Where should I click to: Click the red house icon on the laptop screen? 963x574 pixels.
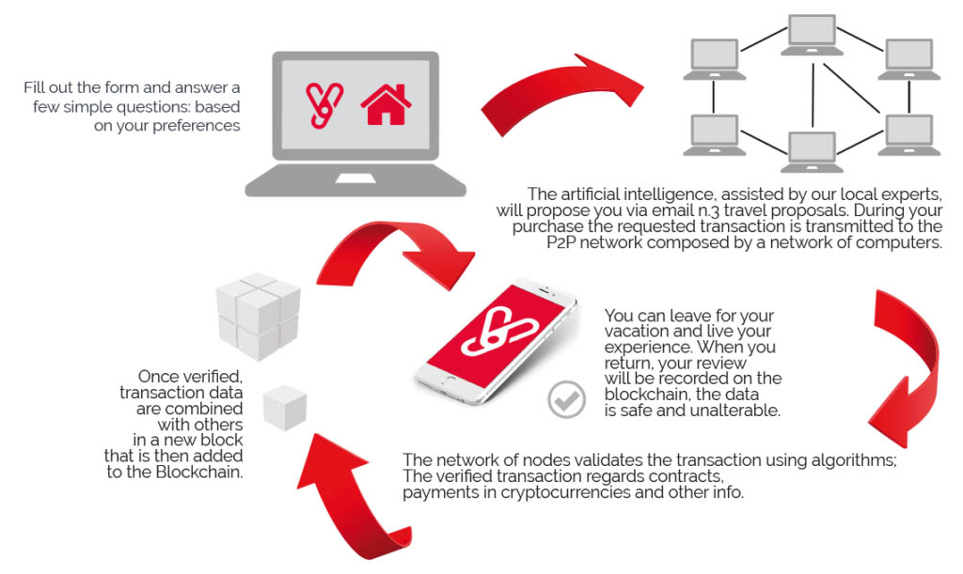coord(386,105)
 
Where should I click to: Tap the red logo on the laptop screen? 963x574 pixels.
coord(324,105)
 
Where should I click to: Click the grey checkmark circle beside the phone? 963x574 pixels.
coord(566,399)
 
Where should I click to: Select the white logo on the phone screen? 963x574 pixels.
coord(498,332)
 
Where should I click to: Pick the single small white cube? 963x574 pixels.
coord(285,408)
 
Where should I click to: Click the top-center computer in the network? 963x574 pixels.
coord(812,35)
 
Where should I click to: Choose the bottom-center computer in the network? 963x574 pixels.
coord(812,152)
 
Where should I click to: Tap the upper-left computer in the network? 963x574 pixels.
coord(715,59)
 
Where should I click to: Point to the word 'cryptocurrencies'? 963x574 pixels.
coord(565,493)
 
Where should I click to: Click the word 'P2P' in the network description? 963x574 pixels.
coord(560,242)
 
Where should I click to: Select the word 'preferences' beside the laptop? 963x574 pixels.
coord(196,126)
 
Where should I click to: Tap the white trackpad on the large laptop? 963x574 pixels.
coord(355,178)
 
